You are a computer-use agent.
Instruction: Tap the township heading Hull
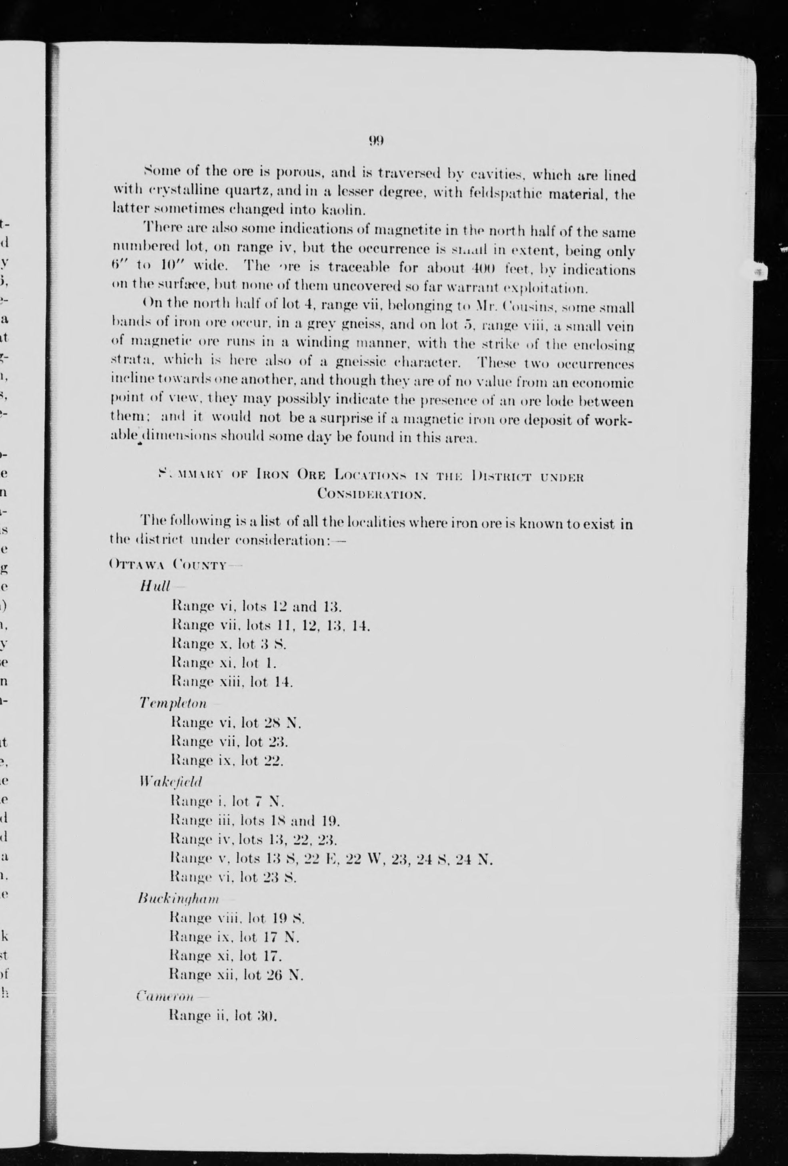click(x=155, y=586)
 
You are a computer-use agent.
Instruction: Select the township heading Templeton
click(x=173, y=703)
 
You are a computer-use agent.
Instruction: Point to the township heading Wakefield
click(x=171, y=781)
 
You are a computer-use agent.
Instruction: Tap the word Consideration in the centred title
click(x=372, y=494)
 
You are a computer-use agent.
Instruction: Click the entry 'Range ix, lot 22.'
click(x=227, y=760)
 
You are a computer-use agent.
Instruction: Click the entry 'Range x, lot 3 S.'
click(x=229, y=644)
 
